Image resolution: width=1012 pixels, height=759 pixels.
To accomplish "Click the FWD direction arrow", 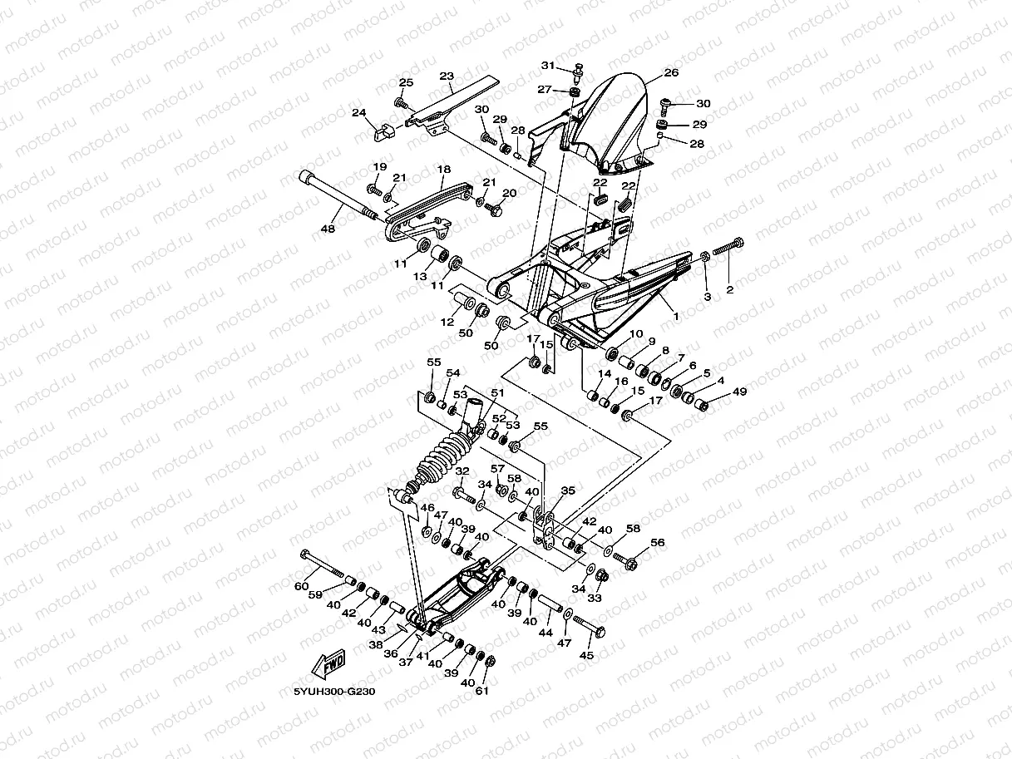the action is click(328, 663).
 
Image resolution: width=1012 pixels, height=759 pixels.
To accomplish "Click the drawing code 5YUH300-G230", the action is click(334, 692).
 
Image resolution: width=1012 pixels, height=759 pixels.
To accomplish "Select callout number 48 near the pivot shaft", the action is click(328, 228).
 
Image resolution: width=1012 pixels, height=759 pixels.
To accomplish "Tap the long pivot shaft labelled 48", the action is click(338, 195).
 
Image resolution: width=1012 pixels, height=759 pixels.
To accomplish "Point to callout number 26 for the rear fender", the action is click(671, 72).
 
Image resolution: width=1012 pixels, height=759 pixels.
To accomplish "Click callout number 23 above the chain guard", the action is click(447, 76).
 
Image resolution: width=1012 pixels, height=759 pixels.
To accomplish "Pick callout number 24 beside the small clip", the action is click(358, 112).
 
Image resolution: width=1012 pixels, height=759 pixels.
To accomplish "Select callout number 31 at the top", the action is click(548, 66).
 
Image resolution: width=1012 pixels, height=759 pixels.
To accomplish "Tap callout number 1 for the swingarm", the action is click(676, 317).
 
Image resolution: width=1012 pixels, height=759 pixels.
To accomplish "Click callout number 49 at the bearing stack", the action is click(739, 392).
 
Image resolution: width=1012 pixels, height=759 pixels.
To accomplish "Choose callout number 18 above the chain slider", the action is click(443, 169).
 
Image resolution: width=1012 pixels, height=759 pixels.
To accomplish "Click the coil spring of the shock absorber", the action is click(443, 460).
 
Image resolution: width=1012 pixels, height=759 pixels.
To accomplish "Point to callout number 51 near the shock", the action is click(497, 392).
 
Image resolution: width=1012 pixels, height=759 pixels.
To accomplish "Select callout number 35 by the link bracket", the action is click(568, 490).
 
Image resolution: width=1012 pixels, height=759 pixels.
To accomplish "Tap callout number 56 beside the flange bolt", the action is click(658, 542).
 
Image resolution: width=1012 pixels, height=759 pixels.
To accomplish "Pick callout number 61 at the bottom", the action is click(481, 691).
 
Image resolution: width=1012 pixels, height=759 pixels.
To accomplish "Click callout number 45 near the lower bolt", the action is click(586, 655).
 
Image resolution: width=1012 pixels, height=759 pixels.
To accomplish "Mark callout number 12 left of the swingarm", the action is click(447, 322).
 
